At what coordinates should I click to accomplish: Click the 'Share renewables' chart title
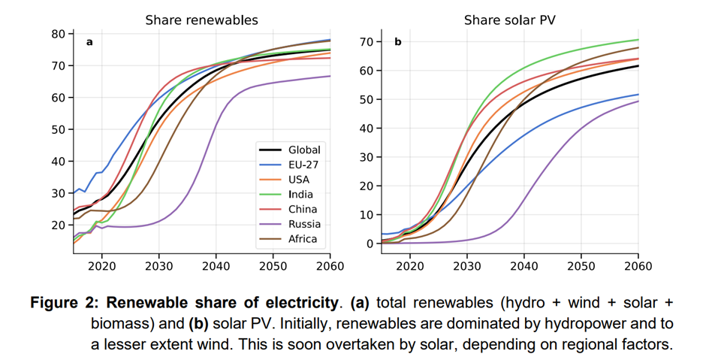pos(201,20)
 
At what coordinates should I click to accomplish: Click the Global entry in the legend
pos(303,150)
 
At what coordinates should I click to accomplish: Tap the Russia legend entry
pos(303,224)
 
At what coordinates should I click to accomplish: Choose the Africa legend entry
pos(303,239)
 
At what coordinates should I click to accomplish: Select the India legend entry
pos(301,195)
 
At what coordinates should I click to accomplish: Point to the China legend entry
pos(303,210)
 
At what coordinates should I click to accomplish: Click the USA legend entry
pos(299,180)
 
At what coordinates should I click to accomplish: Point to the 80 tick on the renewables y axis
pos(59,34)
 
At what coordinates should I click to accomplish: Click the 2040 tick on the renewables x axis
pos(216,266)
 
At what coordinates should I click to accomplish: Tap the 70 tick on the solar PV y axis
pos(367,41)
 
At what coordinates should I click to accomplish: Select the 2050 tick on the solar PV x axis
pos(581,266)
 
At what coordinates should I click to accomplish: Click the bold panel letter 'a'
pos(89,42)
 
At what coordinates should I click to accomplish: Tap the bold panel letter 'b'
pos(398,42)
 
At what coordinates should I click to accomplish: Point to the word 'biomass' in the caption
pos(119,323)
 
